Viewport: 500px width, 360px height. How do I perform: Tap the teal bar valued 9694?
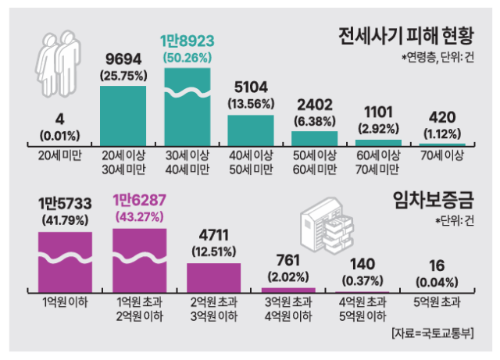point(123,116)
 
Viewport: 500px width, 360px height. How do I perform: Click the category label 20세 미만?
point(59,156)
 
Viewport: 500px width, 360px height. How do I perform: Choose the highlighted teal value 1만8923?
point(187,41)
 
